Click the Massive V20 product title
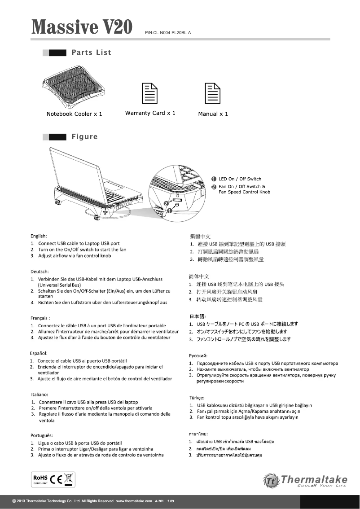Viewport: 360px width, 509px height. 82,27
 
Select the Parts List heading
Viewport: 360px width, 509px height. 91,53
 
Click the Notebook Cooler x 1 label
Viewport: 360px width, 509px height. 75,114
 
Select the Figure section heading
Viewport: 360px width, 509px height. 84,136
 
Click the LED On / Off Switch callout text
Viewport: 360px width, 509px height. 240,179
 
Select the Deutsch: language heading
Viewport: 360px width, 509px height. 40,272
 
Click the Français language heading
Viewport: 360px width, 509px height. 40,318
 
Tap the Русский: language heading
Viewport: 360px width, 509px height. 198,355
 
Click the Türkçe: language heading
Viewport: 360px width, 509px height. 197,398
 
